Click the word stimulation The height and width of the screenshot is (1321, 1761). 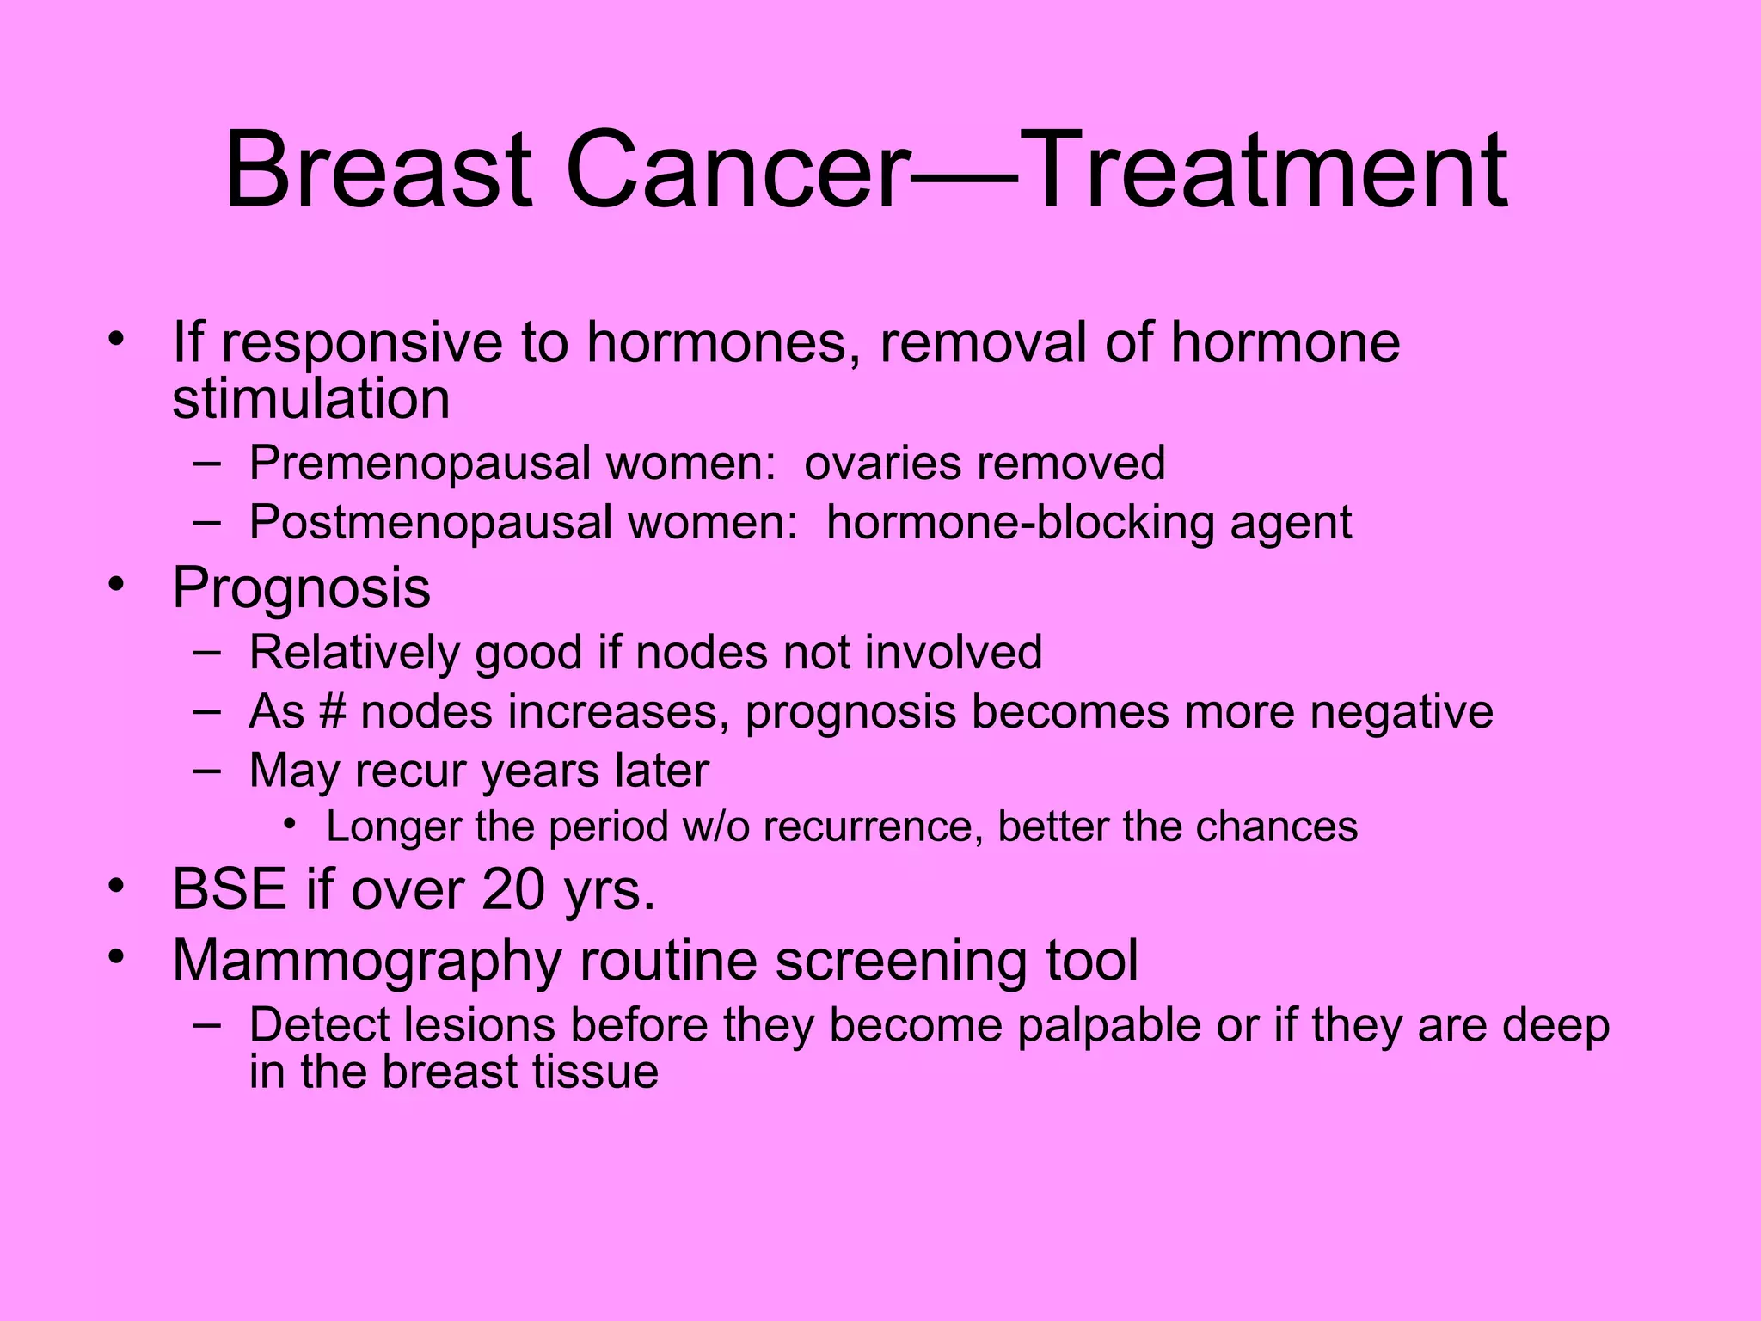310,398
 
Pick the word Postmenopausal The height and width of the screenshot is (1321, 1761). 432,523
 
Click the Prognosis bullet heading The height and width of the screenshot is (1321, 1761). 301,589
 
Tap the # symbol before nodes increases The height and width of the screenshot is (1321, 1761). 332,712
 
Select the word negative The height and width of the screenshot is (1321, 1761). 1401,712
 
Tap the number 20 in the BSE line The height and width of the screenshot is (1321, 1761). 513,889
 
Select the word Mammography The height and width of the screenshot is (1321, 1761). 366,961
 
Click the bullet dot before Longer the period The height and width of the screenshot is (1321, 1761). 291,826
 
